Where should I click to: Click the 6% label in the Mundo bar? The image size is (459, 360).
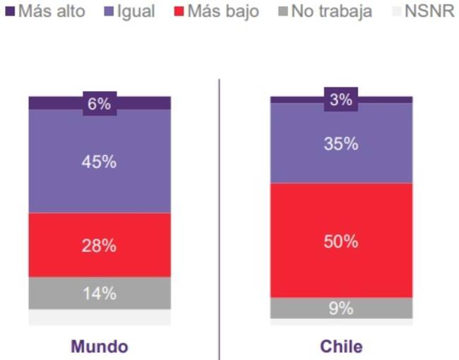100,104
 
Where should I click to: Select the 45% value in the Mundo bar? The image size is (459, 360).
100,162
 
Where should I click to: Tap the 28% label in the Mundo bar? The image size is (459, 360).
100,246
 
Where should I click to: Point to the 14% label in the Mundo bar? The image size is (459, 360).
100,293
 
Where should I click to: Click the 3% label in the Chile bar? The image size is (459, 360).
341,100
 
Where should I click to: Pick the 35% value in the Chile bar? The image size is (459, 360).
341,144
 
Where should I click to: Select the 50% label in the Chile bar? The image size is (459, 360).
341,241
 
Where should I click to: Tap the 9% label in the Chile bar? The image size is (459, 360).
341,308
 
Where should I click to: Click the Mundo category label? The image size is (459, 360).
100,347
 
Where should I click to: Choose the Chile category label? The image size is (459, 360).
341,347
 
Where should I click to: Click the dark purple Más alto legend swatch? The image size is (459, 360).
9,11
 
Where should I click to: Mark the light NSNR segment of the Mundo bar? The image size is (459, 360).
100,317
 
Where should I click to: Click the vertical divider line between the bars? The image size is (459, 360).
219,212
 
